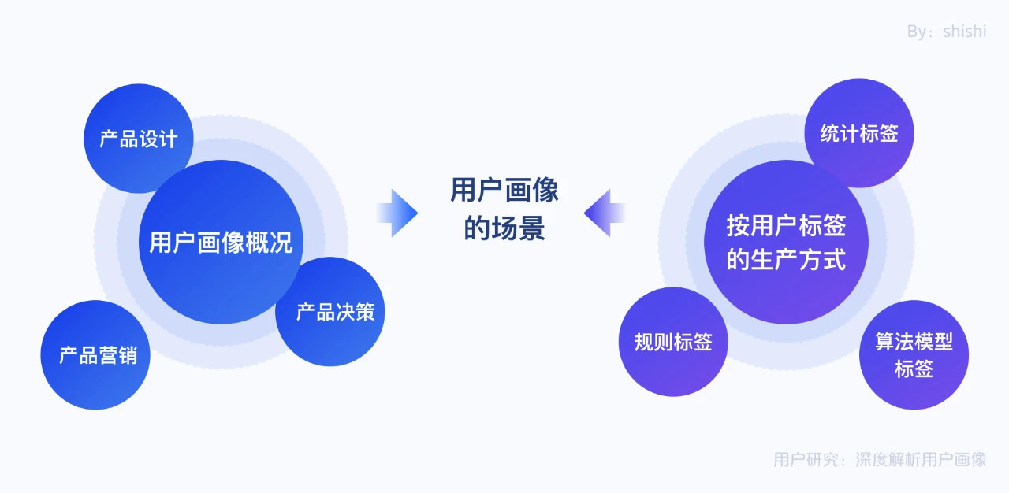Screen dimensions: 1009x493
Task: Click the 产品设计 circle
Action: coord(138,139)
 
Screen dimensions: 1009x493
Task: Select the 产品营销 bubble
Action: coord(95,355)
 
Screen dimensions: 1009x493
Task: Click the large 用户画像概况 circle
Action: coord(221,242)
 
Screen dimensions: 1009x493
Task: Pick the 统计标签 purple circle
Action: coord(859,133)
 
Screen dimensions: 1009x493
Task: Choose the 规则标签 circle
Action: coord(673,342)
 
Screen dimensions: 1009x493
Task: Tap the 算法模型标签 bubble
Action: coord(914,355)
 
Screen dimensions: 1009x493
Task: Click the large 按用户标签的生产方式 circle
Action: coord(786,242)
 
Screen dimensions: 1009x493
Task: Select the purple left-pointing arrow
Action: coord(605,213)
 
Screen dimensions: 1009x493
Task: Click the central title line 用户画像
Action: coord(504,191)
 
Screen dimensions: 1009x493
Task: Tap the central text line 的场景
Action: coord(504,229)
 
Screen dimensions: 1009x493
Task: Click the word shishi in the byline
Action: coord(964,32)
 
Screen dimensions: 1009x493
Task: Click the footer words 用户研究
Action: coord(799,459)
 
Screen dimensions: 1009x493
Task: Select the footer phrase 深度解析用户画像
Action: coord(921,459)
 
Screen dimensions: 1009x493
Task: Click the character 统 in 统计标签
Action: coord(830,133)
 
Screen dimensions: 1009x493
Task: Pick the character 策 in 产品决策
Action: coord(364,312)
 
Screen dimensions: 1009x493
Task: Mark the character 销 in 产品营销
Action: coord(128,355)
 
